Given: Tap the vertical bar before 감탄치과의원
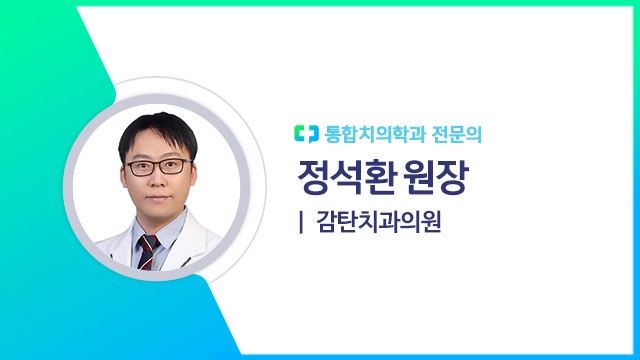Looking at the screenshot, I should click(300, 222).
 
